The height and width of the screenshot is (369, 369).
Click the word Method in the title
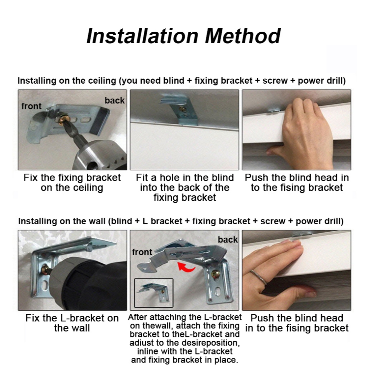[243, 36]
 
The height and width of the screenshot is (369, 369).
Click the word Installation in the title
[143, 36]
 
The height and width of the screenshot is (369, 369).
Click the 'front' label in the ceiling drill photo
[31, 106]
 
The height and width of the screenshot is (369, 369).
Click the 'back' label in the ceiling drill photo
[115, 101]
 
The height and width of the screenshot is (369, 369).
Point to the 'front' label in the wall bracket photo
[142, 252]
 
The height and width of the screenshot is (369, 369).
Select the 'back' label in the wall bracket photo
[228, 240]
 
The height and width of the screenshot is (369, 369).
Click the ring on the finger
[258, 277]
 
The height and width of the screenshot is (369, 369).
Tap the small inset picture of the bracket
[154, 293]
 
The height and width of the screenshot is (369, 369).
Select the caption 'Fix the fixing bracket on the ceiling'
[72, 183]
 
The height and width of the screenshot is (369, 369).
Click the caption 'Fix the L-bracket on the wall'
[72, 323]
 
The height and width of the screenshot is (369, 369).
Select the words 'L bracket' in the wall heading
[163, 221]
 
